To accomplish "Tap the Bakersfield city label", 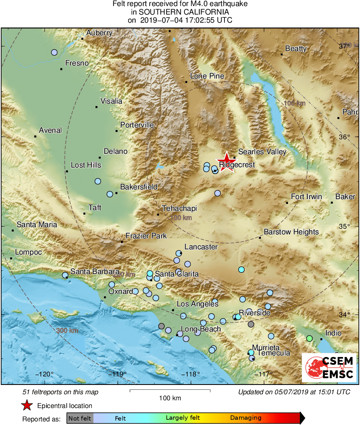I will (x=139, y=187).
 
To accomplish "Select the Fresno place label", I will (x=77, y=63).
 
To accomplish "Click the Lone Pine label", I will (x=207, y=76).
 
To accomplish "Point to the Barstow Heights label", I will (x=291, y=232).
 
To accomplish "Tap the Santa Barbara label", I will (x=95, y=272).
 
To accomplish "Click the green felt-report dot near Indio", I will (x=309, y=338).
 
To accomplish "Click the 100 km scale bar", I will (x=170, y=391).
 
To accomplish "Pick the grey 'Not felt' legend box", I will (x=80, y=418).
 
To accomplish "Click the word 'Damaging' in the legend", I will (x=246, y=418).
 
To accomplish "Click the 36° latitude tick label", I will (x=344, y=137).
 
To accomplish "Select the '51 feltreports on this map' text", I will (x=60, y=392).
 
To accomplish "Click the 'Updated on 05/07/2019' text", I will (x=294, y=392).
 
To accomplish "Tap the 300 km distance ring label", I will (x=67, y=331).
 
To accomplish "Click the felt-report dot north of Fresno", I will (x=54, y=52).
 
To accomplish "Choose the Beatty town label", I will (x=296, y=49).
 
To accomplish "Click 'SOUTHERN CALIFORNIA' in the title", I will (x=180, y=12).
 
